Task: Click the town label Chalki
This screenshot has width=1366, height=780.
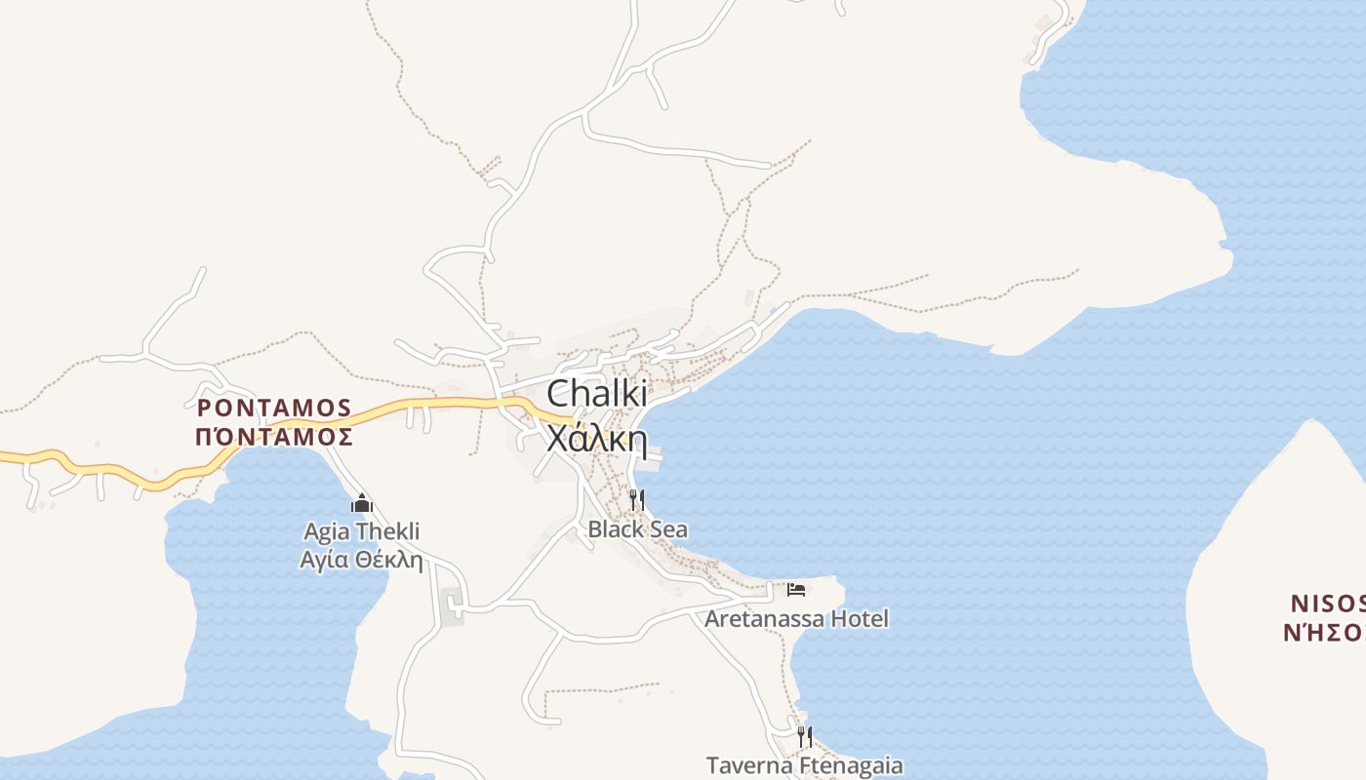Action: pos(596,394)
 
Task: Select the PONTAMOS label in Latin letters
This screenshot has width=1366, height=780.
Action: pos(274,407)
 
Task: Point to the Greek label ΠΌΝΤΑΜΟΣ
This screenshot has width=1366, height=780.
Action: pos(274,437)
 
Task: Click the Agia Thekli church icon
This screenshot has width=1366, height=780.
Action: pos(362,504)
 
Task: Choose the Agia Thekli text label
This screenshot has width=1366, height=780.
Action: pos(361,531)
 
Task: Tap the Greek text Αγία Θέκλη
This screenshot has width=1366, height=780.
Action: pos(361,560)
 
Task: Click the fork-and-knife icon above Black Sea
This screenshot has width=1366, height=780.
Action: pos(636,500)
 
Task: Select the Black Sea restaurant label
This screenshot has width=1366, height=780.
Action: pos(637,529)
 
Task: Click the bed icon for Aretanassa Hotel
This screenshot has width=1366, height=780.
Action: pos(796,590)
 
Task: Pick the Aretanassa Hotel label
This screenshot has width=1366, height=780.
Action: pos(796,619)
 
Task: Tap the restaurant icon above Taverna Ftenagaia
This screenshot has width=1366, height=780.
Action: pos(804,736)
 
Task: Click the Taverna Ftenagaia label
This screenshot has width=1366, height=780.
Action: pos(804,765)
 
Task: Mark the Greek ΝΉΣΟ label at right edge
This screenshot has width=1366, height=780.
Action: pos(1324,632)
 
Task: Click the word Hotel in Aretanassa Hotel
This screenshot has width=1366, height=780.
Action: pos(856,619)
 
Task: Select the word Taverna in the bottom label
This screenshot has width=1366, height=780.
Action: pos(744,765)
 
